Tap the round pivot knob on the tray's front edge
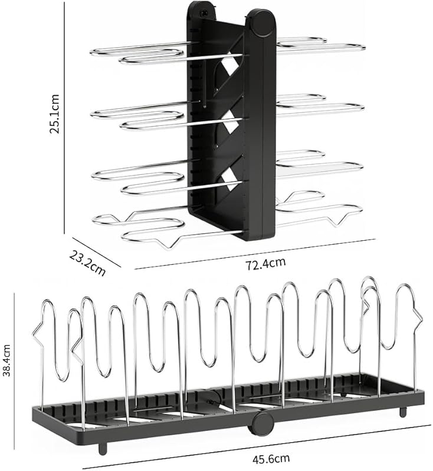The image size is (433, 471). (262, 423)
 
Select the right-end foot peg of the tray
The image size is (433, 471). (403, 410)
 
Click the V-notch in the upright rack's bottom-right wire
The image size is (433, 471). (340, 221)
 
